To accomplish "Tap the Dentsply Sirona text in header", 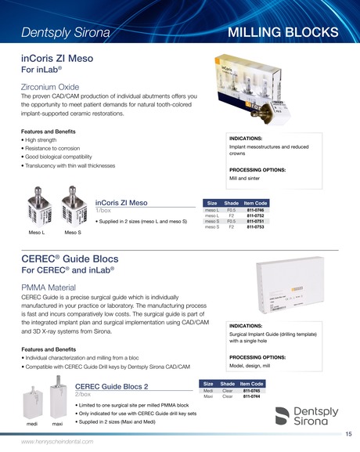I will [x=66, y=33].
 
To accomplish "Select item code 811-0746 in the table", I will [x=256, y=211].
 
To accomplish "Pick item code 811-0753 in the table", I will [x=256, y=227].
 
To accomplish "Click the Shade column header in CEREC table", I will [x=228, y=383].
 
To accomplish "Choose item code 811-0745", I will [x=251, y=390].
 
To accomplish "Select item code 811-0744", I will [x=251, y=396].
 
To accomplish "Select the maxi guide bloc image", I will [x=57, y=400].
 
